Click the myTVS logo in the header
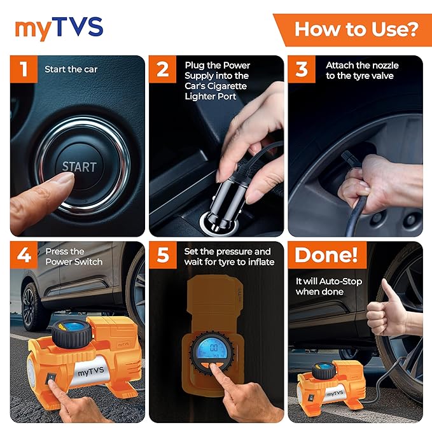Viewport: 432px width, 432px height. pyautogui.click(x=59, y=28)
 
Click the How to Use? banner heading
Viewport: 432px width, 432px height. pyautogui.click(x=356, y=29)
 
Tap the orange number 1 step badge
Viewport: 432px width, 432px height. pyautogui.click(x=24, y=69)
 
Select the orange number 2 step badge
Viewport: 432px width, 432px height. pyautogui.click(x=162, y=69)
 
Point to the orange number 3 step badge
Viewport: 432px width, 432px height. pyautogui.click(x=302, y=69)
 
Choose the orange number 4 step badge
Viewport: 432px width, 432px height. pyautogui.click(x=24, y=255)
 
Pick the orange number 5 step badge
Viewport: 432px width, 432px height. pyautogui.click(x=162, y=255)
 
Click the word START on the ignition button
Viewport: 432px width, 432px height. pyautogui.click(x=79, y=167)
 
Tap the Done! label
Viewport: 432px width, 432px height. pyautogui.click(x=326, y=255)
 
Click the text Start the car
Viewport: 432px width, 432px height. pyautogui.click(x=71, y=69)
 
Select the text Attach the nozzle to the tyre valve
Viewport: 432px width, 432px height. pyautogui.click(x=362, y=71)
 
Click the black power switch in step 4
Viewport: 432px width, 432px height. pyautogui.click(x=50, y=378)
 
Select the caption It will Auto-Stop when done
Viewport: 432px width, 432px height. pyautogui.click(x=329, y=286)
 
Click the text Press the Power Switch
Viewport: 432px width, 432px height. pyautogui.click(x=74, y=256)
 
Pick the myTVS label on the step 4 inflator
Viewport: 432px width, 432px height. pyautogui.click(x=90, y=372)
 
